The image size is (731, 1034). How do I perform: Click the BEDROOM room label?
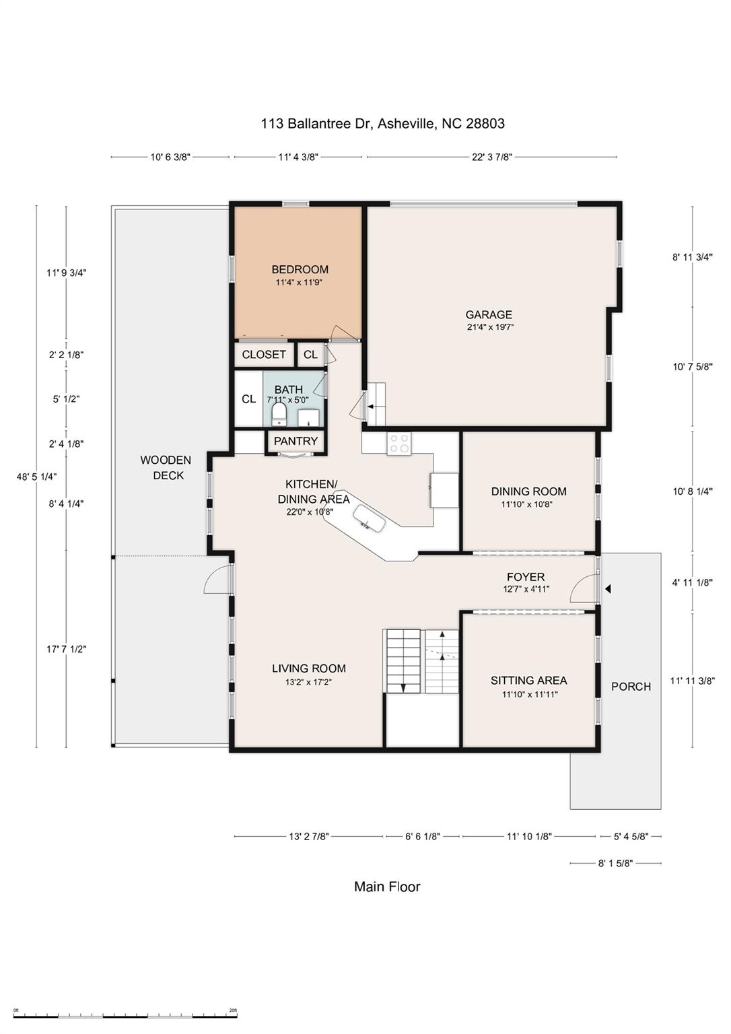coord(300,270)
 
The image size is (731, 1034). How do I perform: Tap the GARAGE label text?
coord(489,314)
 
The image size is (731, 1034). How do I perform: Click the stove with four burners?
coord(399,444)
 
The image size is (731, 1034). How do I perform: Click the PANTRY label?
coord(295,441)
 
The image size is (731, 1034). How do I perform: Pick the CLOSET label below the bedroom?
coord(264,355)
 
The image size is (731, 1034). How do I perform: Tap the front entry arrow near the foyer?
coord(607,589)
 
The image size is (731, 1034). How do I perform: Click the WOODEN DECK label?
coord(166,467)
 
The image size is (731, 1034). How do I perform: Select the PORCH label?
coord(631,687)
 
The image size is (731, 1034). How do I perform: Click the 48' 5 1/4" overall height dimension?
coord(36,477)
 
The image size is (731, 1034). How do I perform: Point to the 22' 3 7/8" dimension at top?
coord(491,158)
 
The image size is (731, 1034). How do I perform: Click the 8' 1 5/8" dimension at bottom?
coord(615,863)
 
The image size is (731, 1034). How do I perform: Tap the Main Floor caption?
coord(387,887)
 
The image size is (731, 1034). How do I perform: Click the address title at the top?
coord(382,124)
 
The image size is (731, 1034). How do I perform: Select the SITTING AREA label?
coord(528,681)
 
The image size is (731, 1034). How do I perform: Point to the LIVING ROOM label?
coord(309,668)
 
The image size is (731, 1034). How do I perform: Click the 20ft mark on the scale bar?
coord(233,1010)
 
